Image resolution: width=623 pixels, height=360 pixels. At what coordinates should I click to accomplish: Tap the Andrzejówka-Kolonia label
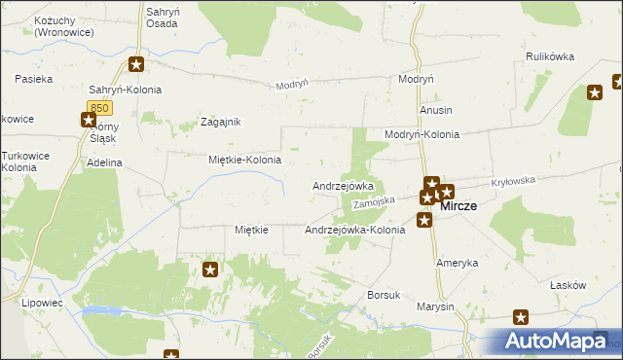pos(354,231)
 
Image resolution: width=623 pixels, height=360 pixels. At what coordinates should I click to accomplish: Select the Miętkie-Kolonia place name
pos(245,160)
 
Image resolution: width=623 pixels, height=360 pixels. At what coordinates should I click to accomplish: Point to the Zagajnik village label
pos(220,122)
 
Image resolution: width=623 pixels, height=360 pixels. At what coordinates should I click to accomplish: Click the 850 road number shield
pos(98,106)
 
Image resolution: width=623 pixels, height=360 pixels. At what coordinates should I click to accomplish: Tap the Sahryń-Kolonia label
pos(125,90)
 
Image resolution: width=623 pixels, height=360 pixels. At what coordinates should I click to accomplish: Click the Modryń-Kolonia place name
pos(421,134)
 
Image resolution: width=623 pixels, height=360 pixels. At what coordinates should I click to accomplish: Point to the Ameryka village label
pos(458,264)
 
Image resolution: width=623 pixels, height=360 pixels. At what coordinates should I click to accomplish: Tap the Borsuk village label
pos(384,294)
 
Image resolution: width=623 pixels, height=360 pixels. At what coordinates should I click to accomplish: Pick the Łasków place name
pos(568,285)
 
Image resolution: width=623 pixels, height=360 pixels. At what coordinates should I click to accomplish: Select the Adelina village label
pos(104,162)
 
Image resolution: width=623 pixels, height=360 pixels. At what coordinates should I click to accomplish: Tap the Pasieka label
pos(34,77)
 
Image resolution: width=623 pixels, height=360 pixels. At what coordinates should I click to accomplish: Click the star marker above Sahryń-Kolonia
pos(136,65)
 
